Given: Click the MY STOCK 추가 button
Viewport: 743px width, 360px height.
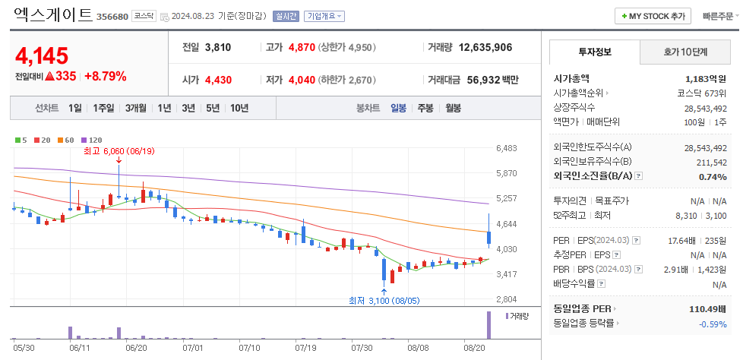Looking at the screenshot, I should pyautogui.click(x=653, y=15).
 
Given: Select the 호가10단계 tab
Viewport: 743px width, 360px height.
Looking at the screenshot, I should pyautogui.click(x=685, y=52).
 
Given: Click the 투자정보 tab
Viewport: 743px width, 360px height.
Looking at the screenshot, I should pyautogui.click(x=595, y=52).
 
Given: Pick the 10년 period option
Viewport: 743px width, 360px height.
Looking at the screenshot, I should pyautogui.click(x=239, y=108).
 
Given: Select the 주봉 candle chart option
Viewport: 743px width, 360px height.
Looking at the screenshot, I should pyautogui.click(x=425, y=108).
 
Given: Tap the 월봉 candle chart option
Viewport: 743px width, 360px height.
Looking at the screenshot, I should pyautogui.click(x=453, y=108).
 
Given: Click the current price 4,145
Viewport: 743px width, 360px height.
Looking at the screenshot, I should pyautogui.click(x=42, y=55).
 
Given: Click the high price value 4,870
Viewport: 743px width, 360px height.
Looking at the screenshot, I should pyautogui.click(x=301, y=47).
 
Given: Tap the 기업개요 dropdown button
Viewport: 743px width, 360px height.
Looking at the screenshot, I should pyautogui.click(x=324, y=16).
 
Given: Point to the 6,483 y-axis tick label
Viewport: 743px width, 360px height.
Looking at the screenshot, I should pyautogui.click(x=506, y=148).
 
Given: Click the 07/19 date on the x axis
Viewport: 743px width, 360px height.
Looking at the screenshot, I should pyautogui.click(x=305, y=347).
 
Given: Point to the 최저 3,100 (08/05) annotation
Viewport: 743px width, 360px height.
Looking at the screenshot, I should pyautogui.click(x=384, y=300).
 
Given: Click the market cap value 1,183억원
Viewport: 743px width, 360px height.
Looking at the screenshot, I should pyautogui.click(x=706, y=78).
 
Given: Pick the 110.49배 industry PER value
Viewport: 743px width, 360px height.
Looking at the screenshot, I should pyautogui.click(x=706, y=309).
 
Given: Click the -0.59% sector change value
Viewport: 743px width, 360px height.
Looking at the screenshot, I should pyautogui.click(x=713, y=324).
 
